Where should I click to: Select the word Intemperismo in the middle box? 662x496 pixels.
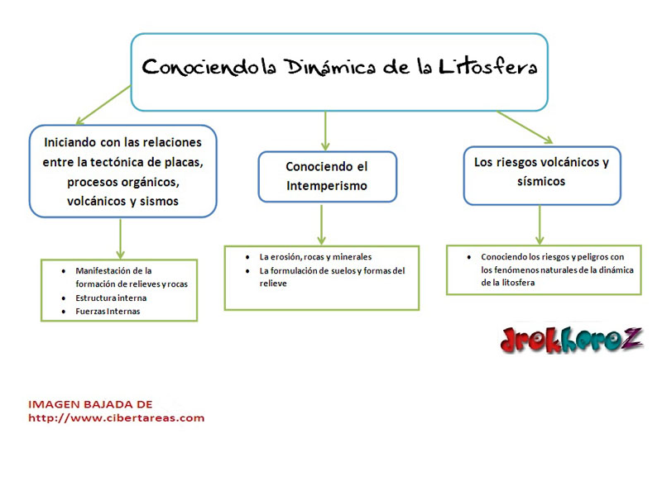pos(327,186)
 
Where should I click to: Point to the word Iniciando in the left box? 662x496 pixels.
pos(71,141)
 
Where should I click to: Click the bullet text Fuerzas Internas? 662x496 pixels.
pos(108,311)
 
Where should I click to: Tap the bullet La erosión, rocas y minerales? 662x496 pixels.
pos(315,256)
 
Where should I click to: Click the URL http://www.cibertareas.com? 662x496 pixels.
pos(116,417)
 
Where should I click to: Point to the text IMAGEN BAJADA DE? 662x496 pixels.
pos(90,404)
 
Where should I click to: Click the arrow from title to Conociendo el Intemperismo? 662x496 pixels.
pos(325,129)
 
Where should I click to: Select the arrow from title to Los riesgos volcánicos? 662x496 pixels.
pos(525,127)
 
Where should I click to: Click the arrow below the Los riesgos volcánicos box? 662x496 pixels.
pos(540,224)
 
